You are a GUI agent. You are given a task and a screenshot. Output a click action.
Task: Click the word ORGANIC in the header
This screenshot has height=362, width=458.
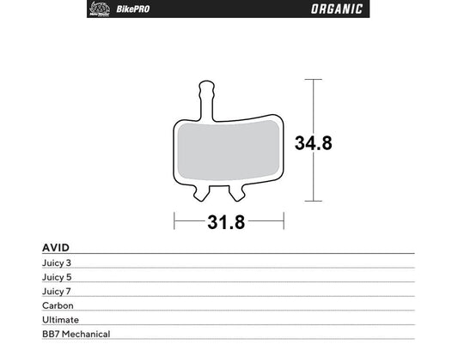[334, 9]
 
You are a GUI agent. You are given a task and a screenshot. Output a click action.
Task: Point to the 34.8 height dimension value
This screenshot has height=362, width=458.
[313, 143]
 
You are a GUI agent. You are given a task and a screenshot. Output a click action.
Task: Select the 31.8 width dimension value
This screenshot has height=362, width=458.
[226, 223]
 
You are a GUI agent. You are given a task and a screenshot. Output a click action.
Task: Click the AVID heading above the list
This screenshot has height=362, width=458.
[56, 247]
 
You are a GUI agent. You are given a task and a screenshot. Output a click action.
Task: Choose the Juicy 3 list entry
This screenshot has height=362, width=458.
[58, 262]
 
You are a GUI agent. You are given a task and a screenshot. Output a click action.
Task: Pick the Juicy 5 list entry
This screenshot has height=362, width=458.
[58, 276]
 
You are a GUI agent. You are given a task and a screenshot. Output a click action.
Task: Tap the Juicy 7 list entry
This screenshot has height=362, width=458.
[58, 291]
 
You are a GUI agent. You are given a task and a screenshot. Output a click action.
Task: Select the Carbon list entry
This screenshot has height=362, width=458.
[58, 305]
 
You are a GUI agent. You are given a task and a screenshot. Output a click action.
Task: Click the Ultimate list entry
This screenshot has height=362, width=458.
[59, 319]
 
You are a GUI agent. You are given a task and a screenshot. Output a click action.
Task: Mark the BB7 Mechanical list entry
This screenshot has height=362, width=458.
[76, 334]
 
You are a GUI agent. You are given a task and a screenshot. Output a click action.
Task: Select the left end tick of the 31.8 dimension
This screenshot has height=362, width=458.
[175, 222]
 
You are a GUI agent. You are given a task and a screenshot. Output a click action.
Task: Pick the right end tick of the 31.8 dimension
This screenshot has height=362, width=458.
[283, 222]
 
